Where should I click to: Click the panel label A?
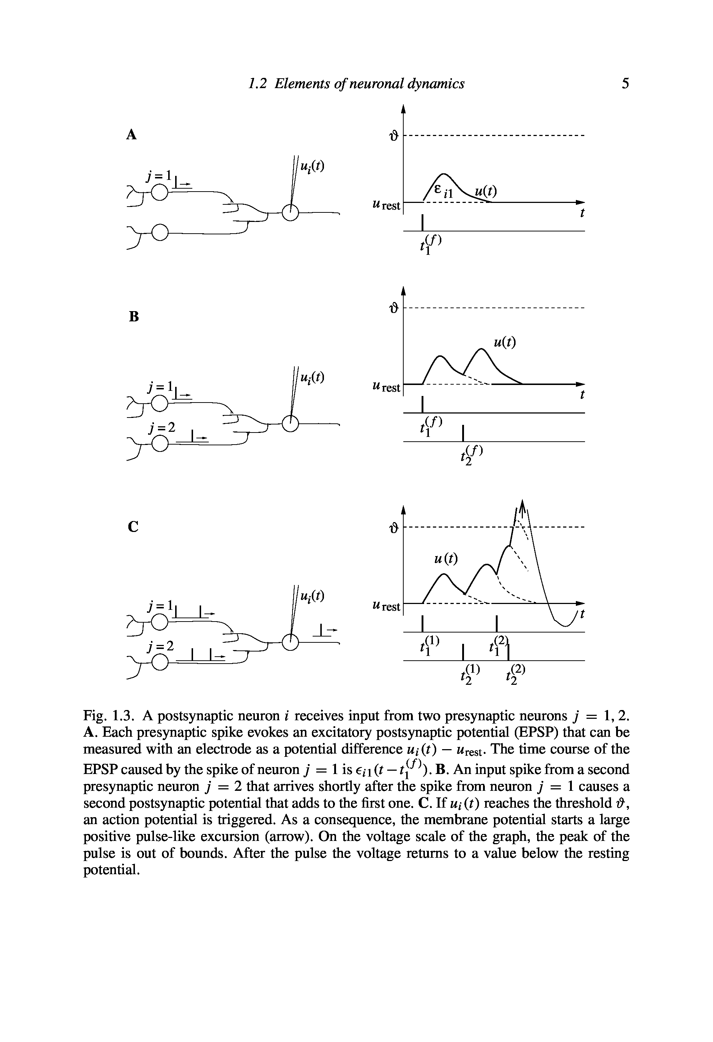(x=131, y=135)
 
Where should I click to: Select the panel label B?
(x=133, y=317)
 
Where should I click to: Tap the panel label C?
(x=133, y=526)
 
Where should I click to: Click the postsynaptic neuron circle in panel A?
(x=291, y=214)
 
